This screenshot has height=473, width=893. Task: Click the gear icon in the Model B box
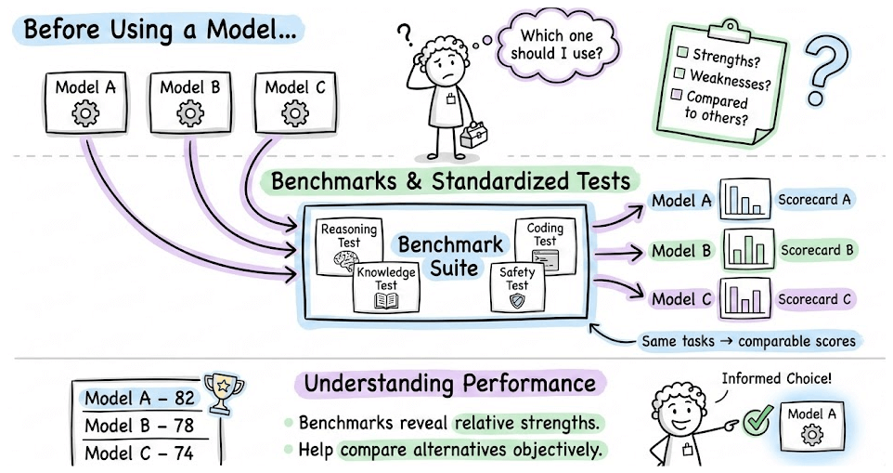(190, 113)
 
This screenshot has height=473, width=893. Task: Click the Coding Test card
(545, 244)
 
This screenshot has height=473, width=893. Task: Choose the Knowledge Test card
(386, 286)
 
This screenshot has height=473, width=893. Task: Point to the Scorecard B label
(817, 250)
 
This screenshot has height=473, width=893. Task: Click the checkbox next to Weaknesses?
(680, 73)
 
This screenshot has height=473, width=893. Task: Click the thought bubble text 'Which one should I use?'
(555, 45)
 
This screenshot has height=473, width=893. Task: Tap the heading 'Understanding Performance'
(450, 383)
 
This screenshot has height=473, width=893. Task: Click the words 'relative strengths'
(526, 423)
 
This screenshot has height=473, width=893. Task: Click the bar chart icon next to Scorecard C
(743, 299)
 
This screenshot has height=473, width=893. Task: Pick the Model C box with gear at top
(294, 101)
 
